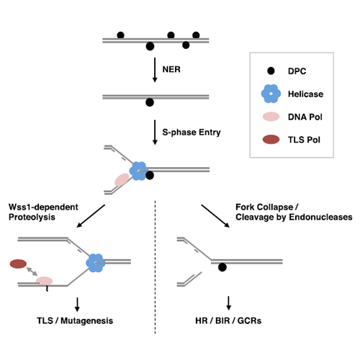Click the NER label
pyautogui.click(x=171, y=69)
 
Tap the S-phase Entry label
pyautogui.click(x=192, y=132)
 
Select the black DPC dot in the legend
pyautogui.click(x=271, y=71)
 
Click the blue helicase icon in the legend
pyautogui.click(x=271, y=94)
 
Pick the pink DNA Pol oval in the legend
pyautogui.click(x=271, y=117)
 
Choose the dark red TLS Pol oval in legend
pyautogui.click(x=271, y=140)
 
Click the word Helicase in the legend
pyautogui.click(x=305, y=94)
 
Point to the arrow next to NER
pyautogui.click(x=155, y=70)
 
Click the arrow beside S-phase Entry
pyautogui.click(x=155, y=132)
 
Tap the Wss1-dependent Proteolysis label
pyautogui.click(x=43, y=212)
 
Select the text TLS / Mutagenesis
pyautogui.click(x=75, y=320)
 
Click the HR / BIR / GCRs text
pyautogui.click(x=228, y=320)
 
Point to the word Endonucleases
pyautogui.click(x=320, y=217)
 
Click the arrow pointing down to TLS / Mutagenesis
pyautogui.click(x=77, y=305)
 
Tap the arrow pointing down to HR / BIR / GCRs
pyautogui.click(x=228, y=303)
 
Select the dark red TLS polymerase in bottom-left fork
pyautogui.click(x=18, y=264)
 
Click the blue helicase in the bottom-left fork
pyautogui.click(x=96, y=263)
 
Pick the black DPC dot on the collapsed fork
pyautogui.click(x=222, y=267)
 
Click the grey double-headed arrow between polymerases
pyautogui.click(x=32, y=271)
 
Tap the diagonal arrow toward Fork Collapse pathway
pyautogui.click(x=215, y=216)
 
